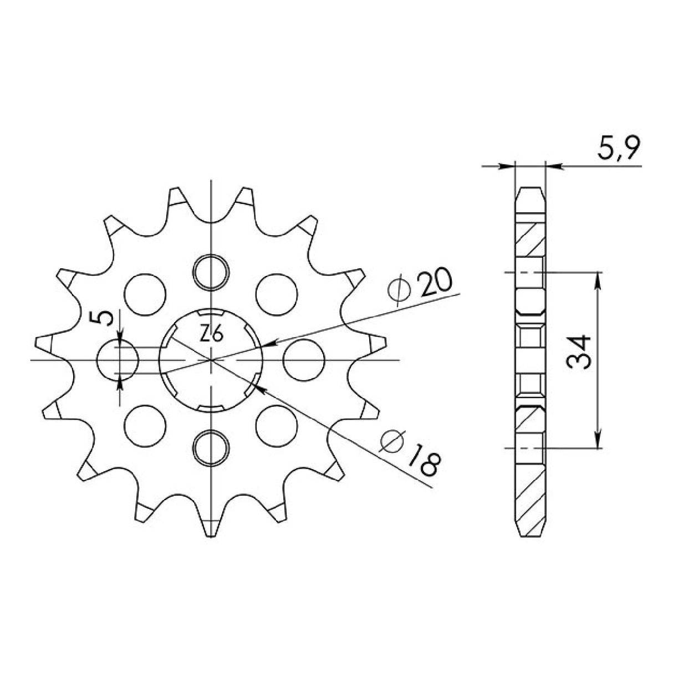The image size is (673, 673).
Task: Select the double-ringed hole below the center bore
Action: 211,447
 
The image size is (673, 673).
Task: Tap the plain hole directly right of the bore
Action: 303,360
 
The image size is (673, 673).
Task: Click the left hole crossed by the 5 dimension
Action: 117,360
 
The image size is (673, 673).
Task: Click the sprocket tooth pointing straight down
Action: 211,529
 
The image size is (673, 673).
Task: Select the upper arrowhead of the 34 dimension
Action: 598,277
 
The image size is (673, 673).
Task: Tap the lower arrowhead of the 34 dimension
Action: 598,442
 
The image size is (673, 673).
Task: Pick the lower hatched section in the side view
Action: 531,488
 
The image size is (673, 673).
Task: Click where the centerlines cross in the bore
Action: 211,360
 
